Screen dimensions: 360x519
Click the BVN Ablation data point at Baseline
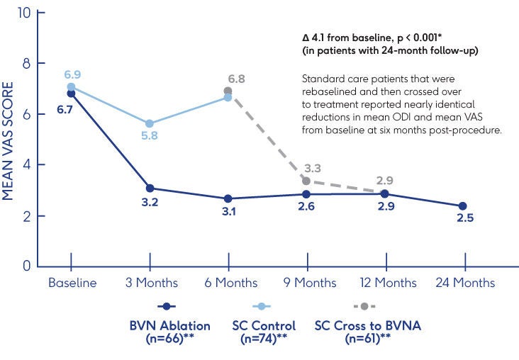[71, 94]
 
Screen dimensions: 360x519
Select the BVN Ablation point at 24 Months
[463, 206]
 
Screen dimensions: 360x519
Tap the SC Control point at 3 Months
[150, 123]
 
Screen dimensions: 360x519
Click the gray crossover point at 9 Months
[306, 181]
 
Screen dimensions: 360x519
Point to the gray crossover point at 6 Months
[228, 91]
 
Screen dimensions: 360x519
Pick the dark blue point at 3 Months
[150, 188]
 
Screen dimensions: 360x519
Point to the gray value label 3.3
[313, 168]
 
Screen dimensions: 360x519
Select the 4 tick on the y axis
[26, 165]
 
